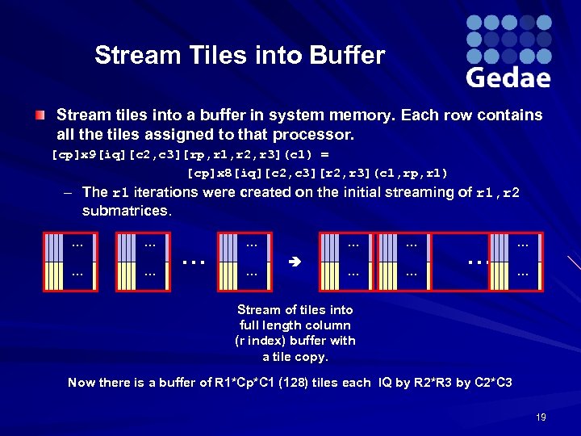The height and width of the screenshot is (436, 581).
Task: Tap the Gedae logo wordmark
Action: point(508,78)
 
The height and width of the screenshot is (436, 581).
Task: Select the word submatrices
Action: point(127,211)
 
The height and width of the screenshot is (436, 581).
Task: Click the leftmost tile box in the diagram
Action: point(70,262)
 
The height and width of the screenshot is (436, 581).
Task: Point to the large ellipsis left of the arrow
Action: point(193,262)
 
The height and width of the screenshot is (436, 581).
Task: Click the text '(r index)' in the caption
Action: point(259,341)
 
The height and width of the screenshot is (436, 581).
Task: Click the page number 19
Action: point(541,417)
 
